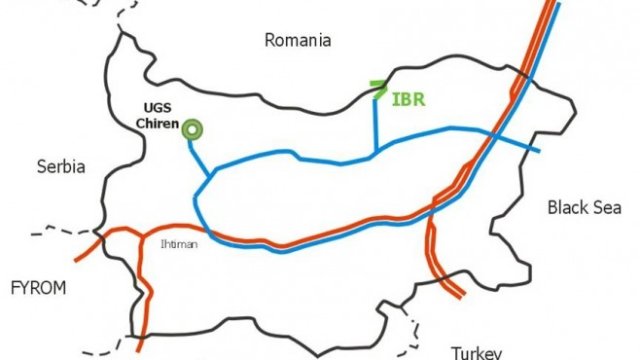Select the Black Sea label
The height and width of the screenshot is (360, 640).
(581, 207)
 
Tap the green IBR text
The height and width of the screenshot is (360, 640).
(408, 99)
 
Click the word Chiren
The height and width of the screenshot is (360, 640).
(157, 125)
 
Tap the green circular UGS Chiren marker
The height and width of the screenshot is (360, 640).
(191, 128)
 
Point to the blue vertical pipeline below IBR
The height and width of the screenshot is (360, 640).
(375, 125)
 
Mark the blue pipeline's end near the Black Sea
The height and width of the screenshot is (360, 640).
(538, 152)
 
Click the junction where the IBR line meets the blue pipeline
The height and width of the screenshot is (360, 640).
(375, 154)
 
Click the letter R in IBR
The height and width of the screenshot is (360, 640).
(419, 99)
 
